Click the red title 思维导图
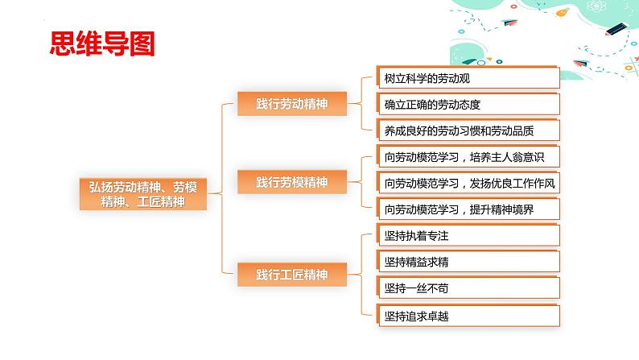(x=102, y=43)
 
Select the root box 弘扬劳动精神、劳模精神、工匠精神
(x=143, y=194)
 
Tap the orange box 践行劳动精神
(x=292, y=104)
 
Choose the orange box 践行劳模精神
(x=292, y=182)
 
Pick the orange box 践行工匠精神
(x=292, y=275)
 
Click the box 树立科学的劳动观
(x=468, y=77)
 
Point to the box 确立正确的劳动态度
(x=468, y=104)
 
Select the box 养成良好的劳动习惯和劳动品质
(x=468, y=130)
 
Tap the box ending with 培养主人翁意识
(x=468, y=156)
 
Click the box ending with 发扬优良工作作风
(x=468, y=183)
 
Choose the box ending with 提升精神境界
(x=468, y=209)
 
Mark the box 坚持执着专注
(x=468, y=235)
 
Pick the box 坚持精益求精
(x=468, y=261)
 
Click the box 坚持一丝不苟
(x=468, y=288)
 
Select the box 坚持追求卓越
(x=468, y=315)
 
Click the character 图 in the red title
(x=142, y=43)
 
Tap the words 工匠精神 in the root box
(x=161, y=202)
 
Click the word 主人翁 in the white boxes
(x=507, y=157)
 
